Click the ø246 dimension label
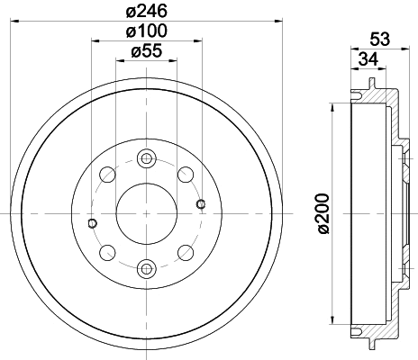click(145, 12)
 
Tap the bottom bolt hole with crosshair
click(145, 267)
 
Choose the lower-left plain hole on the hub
click(105, 252)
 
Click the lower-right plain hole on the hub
click(185, 252)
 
